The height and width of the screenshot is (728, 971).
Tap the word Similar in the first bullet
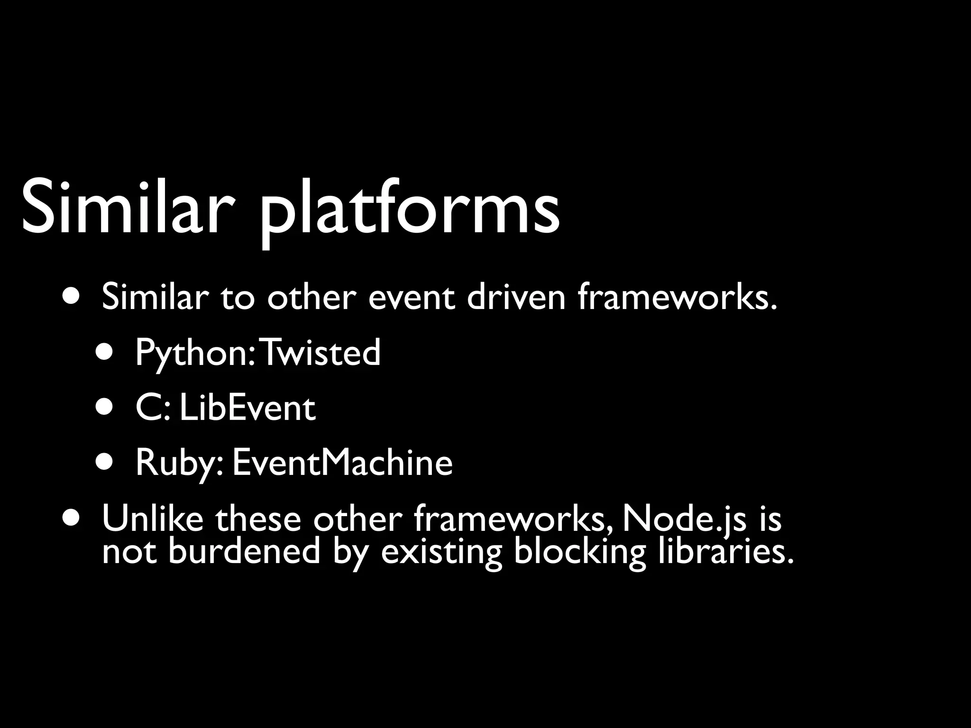tap(155, 298)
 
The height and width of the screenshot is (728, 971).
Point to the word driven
tap(516, 298)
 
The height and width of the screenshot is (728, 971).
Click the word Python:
tap(196, 354)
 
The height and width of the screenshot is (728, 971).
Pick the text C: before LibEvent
tap(152, 408)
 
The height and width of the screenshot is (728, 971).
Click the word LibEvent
tap(247, 408)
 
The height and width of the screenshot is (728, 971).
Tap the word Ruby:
tap(179, 464)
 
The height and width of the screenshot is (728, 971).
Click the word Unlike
tap(153, 519)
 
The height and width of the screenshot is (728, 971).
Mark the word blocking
tap(580, 552)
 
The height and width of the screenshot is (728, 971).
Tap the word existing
tap(441, 552)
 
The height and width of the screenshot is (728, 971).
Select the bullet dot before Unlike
tap(71, 518)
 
